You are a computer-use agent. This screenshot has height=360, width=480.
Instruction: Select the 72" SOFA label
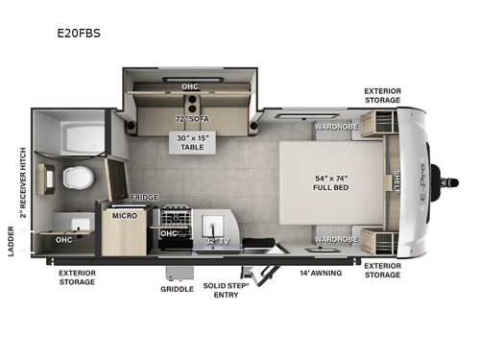click(x=191, y=119)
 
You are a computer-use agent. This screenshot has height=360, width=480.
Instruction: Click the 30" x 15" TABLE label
click(x=191, y=142)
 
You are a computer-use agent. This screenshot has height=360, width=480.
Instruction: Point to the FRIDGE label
click(x=144, y=196)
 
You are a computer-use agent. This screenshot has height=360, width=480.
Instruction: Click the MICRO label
click(x=124, y=215)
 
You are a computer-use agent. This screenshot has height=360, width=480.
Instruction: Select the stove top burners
click(x=176, y=216)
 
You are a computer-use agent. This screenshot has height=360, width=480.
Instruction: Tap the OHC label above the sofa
click(x=190, y=86)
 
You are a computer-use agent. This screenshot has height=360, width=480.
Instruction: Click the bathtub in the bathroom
click(x=75, y=135)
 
